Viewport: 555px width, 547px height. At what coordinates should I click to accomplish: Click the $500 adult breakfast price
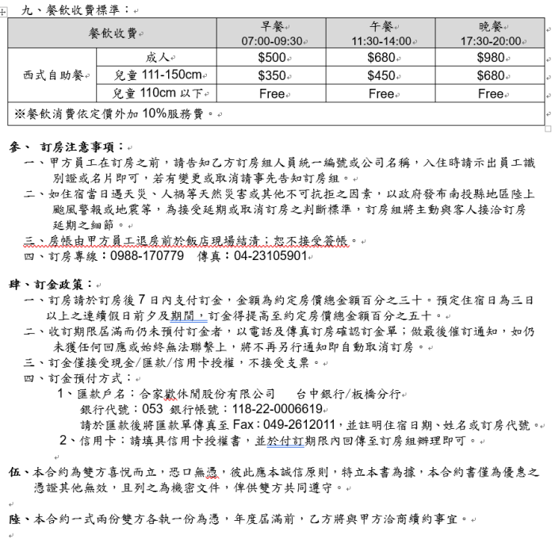point(272,58)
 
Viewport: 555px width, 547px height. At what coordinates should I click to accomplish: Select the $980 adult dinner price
point(491,58)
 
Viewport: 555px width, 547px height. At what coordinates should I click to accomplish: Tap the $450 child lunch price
point(381,76)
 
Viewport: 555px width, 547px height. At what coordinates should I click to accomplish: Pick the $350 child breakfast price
point(272,76)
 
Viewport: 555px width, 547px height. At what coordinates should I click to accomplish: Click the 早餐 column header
point(273,26)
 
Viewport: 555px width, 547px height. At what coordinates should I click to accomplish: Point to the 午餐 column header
point(381,26)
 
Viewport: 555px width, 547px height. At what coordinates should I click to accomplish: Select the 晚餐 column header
point(491,26)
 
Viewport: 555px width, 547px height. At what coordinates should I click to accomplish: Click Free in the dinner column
point(491,94)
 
